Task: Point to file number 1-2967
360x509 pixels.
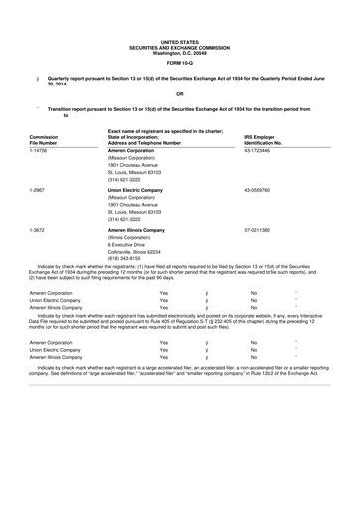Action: [x=39, y=189]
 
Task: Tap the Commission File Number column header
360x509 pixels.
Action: [x=44, y=140]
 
